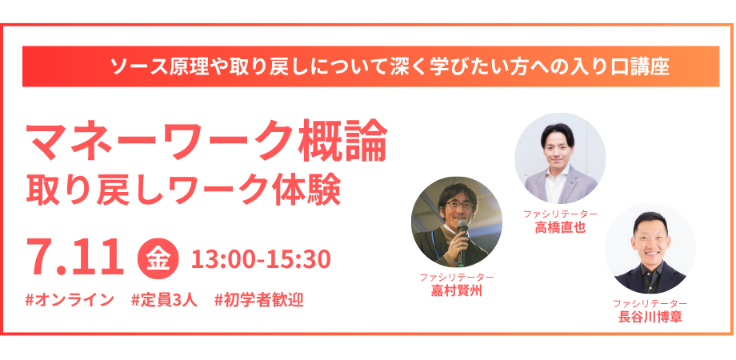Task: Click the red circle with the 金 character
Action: point(158,258)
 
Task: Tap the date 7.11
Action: point(75,258)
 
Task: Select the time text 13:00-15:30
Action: point(261,259)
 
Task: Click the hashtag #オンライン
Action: point(70,299)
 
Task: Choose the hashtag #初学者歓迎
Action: point(258,299)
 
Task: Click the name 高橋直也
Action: point(560,228)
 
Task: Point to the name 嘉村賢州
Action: point(456,290)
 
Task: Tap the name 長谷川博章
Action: point(650,317)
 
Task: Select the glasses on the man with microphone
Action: point(458,204)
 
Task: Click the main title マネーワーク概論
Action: point(206,140)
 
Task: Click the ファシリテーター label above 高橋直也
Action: point(560,214)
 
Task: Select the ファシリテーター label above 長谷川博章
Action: point(650,303)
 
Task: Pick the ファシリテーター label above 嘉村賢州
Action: point(456,277)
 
